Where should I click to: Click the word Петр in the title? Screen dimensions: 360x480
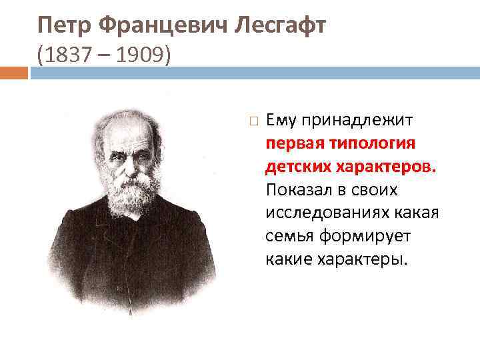click(64, 26)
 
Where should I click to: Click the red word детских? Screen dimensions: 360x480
click(296, 166)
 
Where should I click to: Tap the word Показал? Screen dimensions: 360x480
click(299, 189)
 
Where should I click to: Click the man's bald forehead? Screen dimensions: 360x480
click(127, 123)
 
